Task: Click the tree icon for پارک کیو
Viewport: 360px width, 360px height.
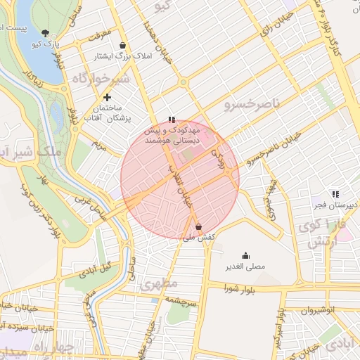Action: click(46, 33)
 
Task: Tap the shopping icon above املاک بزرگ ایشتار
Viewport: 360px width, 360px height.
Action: click(123, 45)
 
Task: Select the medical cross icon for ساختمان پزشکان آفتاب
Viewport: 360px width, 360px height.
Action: click(107, 97)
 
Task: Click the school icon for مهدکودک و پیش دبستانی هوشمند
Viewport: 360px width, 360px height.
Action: click(172, 120)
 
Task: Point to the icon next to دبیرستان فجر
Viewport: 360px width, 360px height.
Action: click(335, 193)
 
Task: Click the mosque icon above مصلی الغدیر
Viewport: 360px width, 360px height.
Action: click(245, 255)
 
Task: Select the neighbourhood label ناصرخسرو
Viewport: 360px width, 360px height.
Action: click(252, 105)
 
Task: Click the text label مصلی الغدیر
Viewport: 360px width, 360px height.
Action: click(245, 267)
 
